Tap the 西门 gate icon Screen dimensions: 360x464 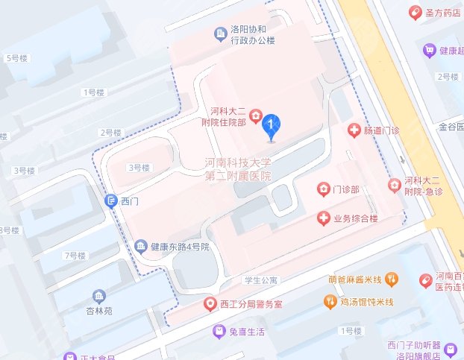(x=111, y=200)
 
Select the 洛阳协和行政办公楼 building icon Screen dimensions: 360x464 (x=220, y=33)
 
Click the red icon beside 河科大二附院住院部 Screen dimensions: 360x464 (x=255, y=116)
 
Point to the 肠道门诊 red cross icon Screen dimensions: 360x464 (x=355, y=130)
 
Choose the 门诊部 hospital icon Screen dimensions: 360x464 (x=323, y=189)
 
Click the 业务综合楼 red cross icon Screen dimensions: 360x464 (x=324, y=218)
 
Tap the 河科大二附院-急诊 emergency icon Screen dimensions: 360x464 (x=393, y=185)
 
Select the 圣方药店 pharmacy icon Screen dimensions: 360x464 (x=415, y=12)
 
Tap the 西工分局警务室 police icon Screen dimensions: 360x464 (x=211, y=304)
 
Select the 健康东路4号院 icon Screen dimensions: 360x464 (x=140, y=246)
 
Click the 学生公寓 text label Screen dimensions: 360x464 (x=260, y=280)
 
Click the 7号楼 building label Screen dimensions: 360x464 (x=75, y=256)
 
